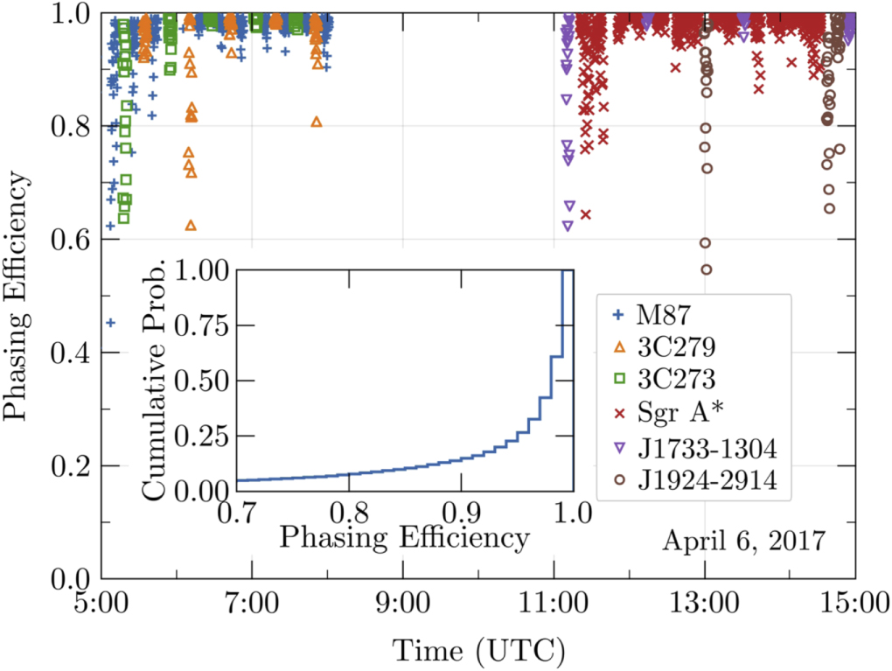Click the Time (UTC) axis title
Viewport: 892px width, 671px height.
[477, 649]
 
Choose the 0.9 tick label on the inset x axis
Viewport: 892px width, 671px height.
[463, 510]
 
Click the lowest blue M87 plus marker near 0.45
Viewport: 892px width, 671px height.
[110, 323]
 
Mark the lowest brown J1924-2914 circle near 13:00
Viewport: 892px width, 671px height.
[706, 269]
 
